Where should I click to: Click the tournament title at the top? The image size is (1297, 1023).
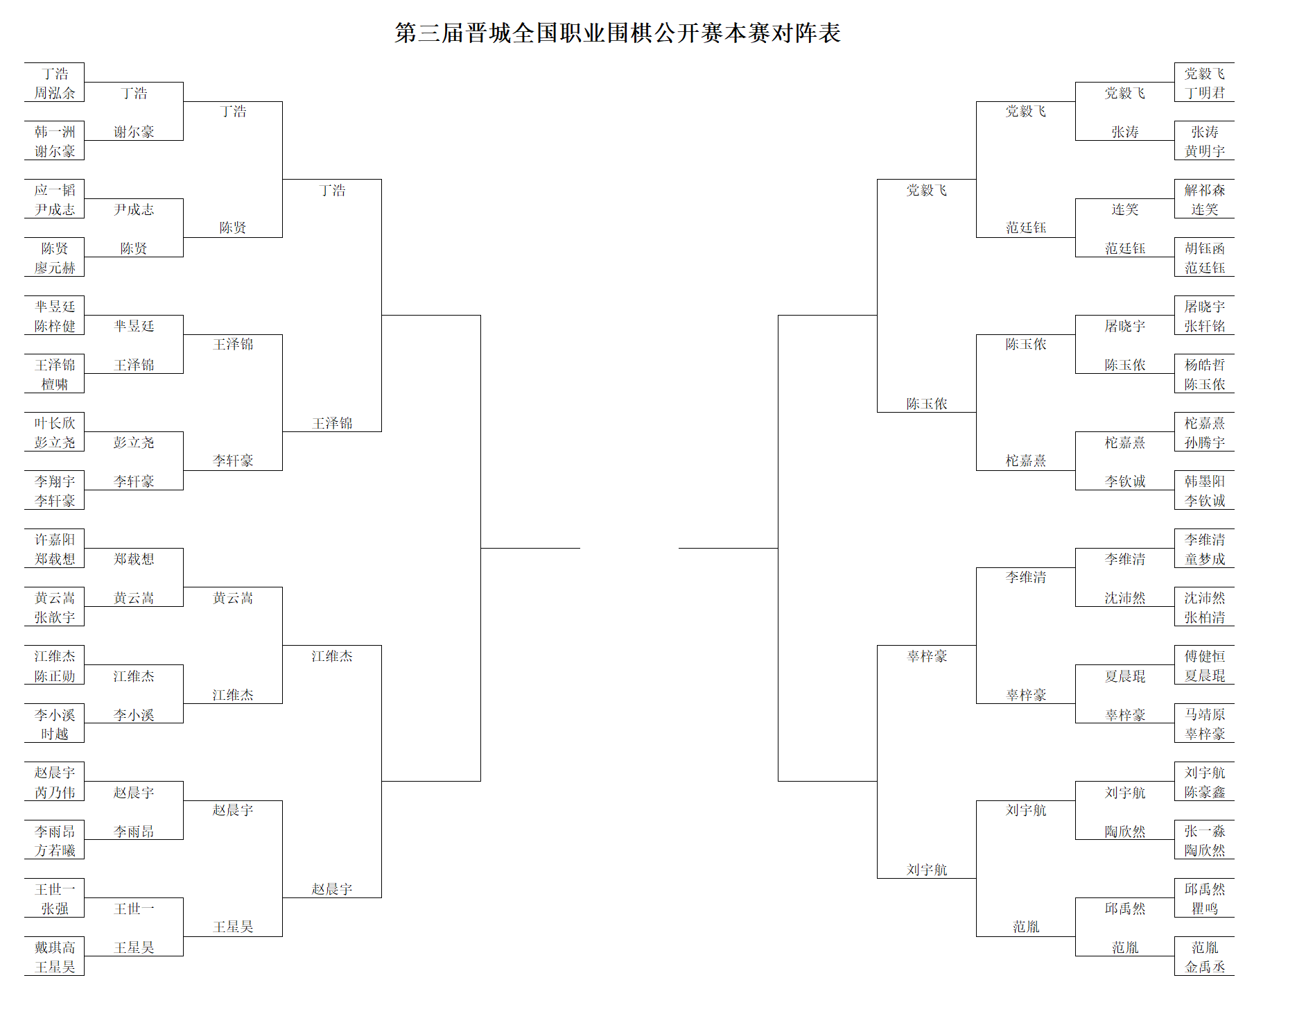[618, 33]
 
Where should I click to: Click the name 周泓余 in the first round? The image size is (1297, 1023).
[55, 93]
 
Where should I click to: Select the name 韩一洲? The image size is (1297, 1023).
[55, 132]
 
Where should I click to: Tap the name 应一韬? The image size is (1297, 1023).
[55, 190]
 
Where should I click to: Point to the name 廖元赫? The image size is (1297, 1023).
[55, 268]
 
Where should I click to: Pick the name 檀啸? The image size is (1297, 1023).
[55, 384]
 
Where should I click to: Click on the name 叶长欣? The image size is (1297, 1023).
[55, 423]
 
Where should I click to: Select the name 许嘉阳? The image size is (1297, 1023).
[55, 540]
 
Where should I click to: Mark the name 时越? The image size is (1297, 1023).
[55, 734]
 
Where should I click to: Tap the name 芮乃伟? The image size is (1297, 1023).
[55, 792]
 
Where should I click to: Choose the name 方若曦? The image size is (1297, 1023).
[55, 850]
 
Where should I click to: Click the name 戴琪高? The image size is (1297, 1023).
[55, 947]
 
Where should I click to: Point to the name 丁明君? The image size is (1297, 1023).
[1205, 93]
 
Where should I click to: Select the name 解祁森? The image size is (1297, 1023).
[1205, 190]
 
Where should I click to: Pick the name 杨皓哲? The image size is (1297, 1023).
[1205, 365]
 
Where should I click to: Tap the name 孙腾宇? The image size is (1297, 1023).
[1205, 442]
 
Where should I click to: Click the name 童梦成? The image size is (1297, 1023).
[1205, 559]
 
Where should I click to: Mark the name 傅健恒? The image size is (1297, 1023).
[1205, 656]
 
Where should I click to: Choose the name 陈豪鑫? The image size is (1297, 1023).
[1205, 792]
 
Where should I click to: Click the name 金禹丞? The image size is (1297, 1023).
[1205, 967]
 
